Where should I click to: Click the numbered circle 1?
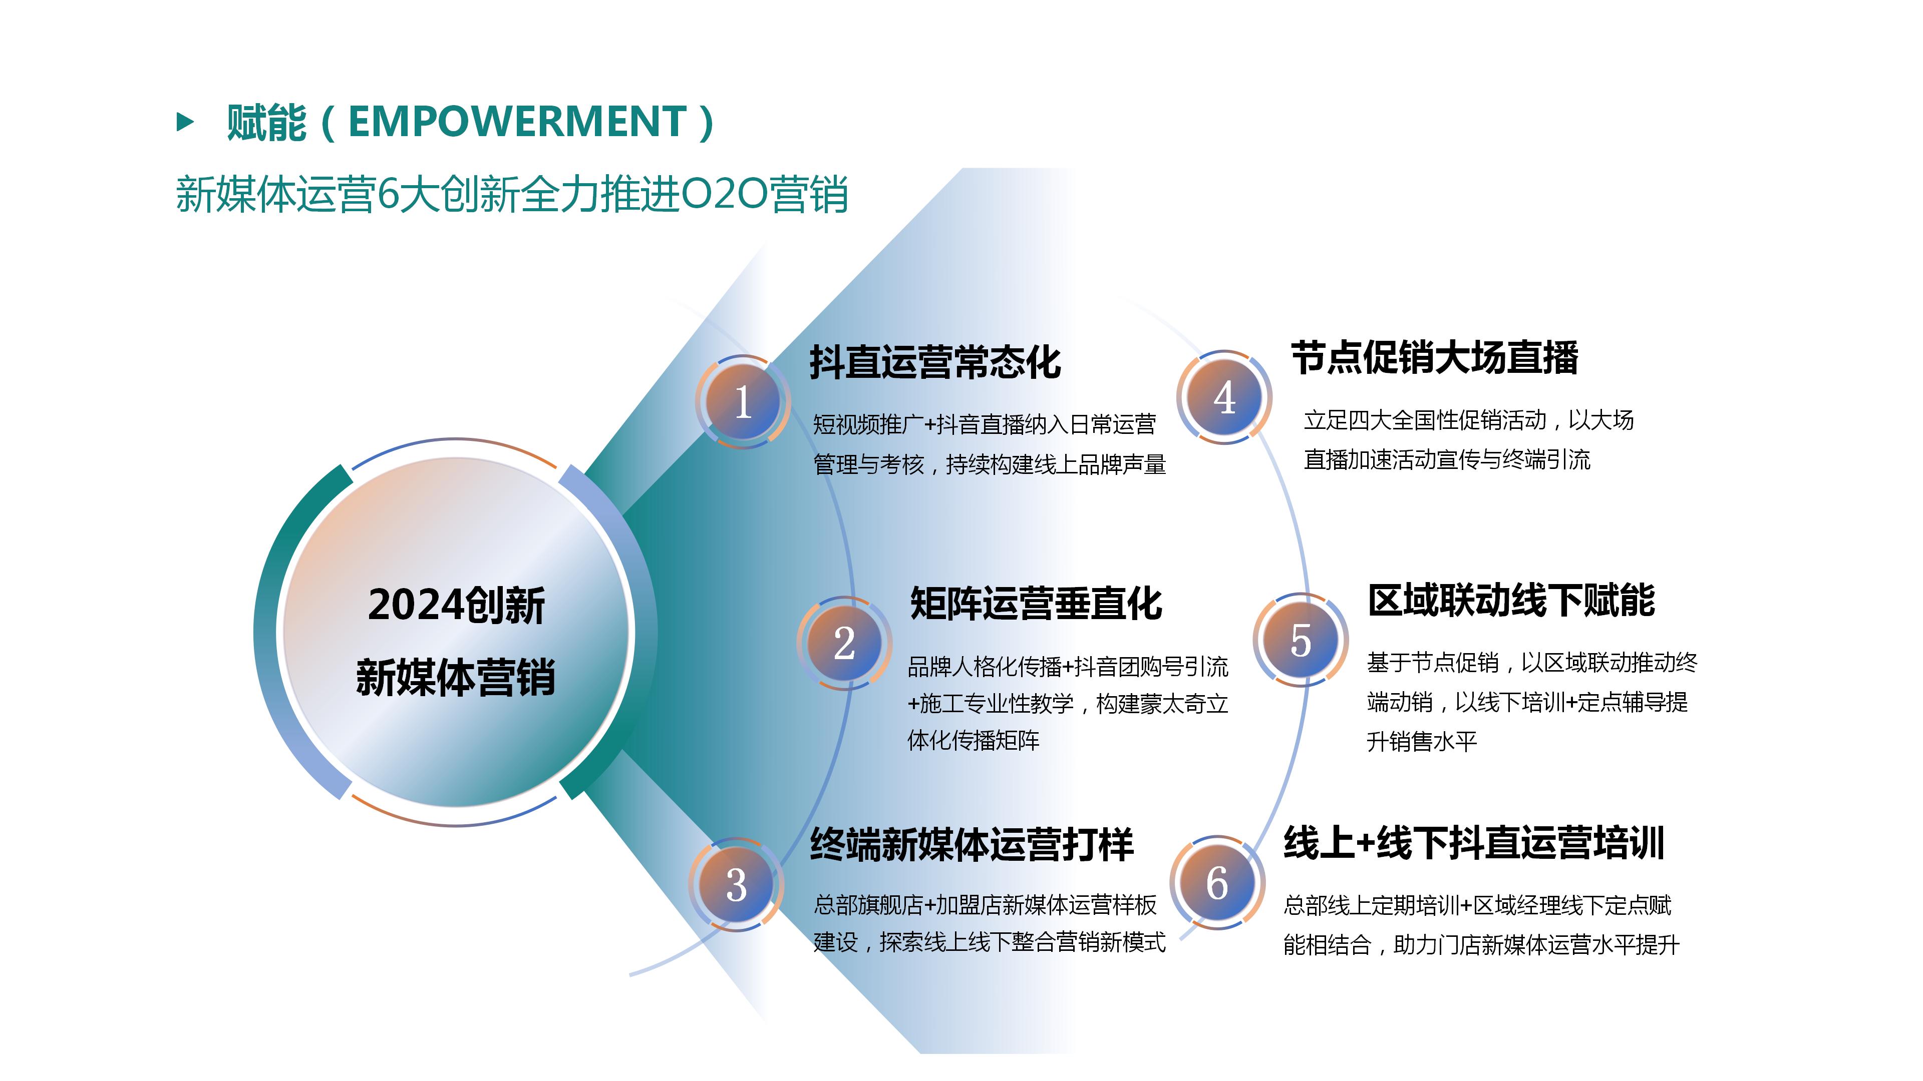click(743, 402)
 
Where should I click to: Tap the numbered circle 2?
click(844, 643)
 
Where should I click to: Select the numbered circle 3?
click(736, 885)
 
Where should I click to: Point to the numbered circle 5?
click(1301, 640)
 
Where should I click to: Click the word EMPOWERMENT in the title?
click(517, 122)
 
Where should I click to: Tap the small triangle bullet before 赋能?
click(185, 122)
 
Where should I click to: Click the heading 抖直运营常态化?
click(935, 362)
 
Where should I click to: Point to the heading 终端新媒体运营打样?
click(972, 845)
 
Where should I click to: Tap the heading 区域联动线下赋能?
click(1512, 600)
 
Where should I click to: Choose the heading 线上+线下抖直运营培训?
click(1474, 843)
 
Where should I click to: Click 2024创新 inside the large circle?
click(456, 605)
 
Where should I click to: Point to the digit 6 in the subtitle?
click(388, 195)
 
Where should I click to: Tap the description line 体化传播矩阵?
click(974, 741)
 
